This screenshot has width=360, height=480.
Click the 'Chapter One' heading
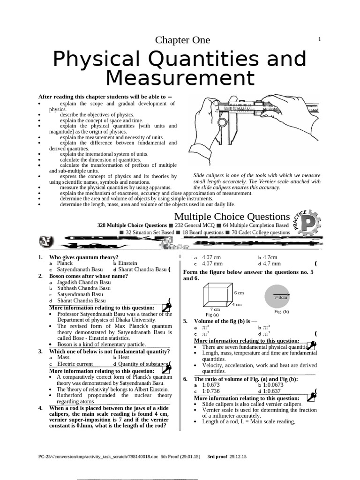click(182, 40)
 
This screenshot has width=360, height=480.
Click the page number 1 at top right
click(319, 39)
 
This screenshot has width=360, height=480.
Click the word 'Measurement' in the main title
click(180, 77)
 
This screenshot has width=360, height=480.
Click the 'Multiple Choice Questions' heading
click(232, 217)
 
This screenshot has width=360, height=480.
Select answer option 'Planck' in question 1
click(65, 263)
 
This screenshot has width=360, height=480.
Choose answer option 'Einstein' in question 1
click(127, 263)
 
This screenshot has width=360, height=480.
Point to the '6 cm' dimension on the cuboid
click(239, 292)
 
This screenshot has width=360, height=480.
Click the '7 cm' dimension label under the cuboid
click(215, 309)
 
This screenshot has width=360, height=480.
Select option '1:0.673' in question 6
click(211, 385)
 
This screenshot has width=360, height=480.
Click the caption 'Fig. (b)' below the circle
click(281, 311)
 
